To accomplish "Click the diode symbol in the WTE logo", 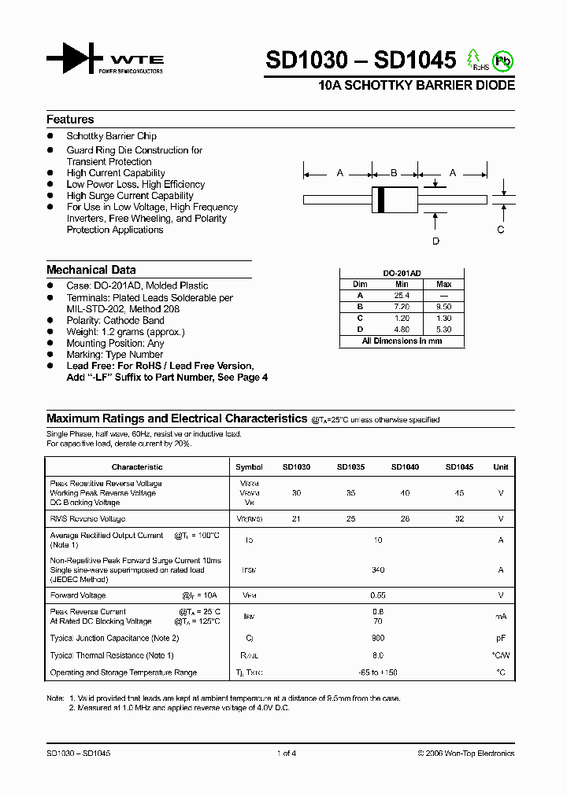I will [x=74, y=59].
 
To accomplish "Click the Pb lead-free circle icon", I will [x=502, y=61].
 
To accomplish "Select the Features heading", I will [x=70, y=120].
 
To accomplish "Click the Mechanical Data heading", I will [x=91, y=270].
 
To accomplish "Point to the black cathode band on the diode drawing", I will [x=381, y=199].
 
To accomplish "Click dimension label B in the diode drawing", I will [x=394, y=173].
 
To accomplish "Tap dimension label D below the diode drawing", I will [x=435, y=241].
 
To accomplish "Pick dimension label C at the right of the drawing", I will [x=501, y=230].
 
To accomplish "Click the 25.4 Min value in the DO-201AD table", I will [x=402, y=295].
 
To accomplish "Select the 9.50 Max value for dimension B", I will [x=443, y=307].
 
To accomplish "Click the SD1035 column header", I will [x=350, y=467].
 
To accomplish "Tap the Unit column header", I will [x=500, y=467].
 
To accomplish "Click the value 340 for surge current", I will [x=378, y=570].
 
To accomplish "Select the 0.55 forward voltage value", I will [x=378, y=595].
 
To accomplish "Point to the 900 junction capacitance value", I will [x=378, y=638].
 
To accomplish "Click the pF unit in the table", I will [x=500, y=638].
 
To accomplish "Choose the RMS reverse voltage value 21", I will [x=296, y=519].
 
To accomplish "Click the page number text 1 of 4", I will [x=287, y=754].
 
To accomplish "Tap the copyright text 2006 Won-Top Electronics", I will [x=466, y=754].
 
